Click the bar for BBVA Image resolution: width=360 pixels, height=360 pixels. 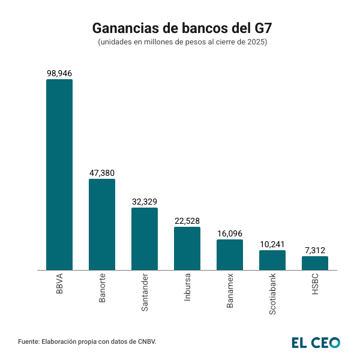59,174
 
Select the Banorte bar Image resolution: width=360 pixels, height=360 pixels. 102,224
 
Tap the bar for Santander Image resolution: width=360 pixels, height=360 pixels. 145,239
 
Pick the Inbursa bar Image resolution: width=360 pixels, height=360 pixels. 187,248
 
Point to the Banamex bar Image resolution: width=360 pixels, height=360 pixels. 230,255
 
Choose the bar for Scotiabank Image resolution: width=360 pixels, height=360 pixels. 272,260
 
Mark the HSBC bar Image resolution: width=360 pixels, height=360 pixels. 315,263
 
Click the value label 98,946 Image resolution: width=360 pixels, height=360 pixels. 59,73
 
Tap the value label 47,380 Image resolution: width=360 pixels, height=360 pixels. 102,173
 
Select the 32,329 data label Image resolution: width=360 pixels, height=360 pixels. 145,202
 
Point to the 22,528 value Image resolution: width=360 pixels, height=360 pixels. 187,221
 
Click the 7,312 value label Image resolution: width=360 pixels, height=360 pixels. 315,250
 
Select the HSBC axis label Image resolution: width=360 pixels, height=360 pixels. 316,284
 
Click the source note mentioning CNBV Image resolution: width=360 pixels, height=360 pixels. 87,341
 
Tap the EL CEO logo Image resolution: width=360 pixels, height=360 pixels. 316,342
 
